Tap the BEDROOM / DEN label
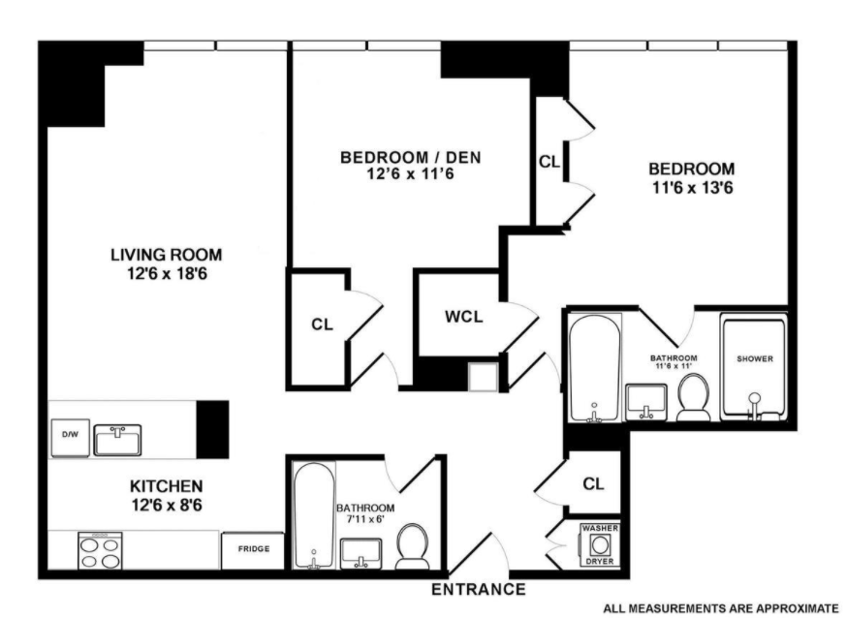[x=410, y=157]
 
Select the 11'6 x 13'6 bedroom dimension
[x=691, y=187]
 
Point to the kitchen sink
[x=117, y=439]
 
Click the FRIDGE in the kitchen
[x=252, y=550]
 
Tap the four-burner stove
[x=101, y=552]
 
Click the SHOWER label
[x=754, y=359]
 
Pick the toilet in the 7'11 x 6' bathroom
[x=414, y=548]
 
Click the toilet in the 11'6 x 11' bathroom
[x=693, y=399]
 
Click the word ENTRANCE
[x=478, y=589]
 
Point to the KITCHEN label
[x=166, y=485]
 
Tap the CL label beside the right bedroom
[x=549, y=162]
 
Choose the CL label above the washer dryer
[x=594, y=482]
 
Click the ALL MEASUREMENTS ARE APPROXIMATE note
[x=720, y=608]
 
